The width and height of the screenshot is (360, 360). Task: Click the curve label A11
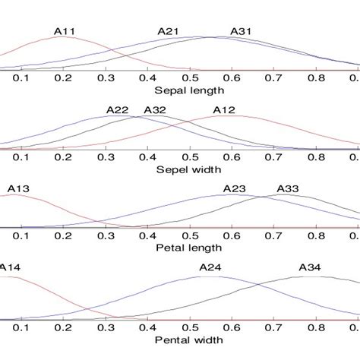pos(65,32)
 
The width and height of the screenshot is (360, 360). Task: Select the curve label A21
pos(168,31)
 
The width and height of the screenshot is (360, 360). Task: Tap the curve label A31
pos(241,31)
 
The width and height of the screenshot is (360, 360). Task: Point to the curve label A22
pos(117,110)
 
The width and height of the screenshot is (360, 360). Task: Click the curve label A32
pos(155,110)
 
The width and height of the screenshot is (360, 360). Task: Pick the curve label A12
pos(223,110)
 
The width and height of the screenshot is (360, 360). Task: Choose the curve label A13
pos(18,188)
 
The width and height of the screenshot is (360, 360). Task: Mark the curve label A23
pos(234,188)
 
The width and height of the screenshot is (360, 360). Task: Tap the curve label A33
pos(288,188)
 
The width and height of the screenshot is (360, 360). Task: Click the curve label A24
pos(210,267)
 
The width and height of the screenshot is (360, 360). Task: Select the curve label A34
pos(310,267)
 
